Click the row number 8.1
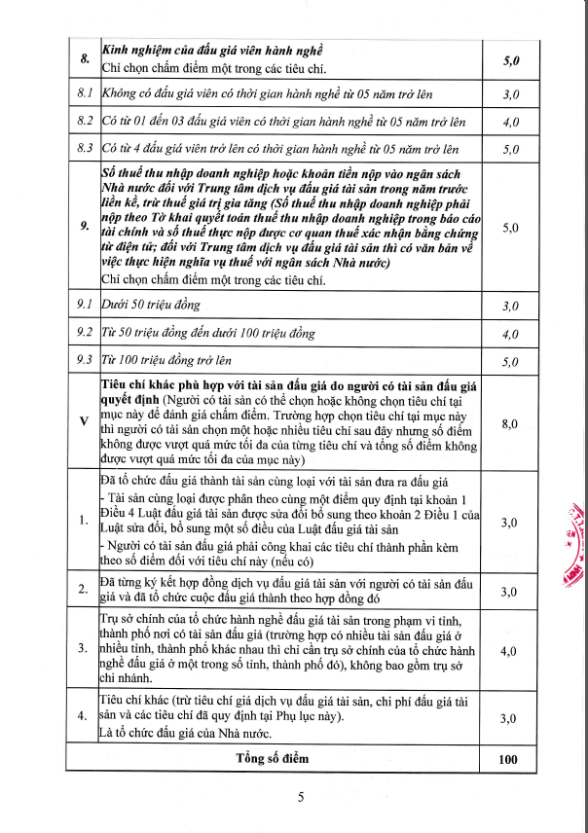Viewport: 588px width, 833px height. (x=84, y=93)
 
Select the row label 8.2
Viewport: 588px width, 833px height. (x=84, y=122)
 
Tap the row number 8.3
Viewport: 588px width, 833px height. (x=84, y=150)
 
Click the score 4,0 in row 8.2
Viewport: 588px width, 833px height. (x=510, y=123)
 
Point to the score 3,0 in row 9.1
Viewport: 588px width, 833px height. (x=510, y=307)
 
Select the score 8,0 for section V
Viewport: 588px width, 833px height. (x=510, y=424)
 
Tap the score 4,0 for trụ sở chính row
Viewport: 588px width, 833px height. (x=510, y=651)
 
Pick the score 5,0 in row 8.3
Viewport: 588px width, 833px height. (x=510, y=150)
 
